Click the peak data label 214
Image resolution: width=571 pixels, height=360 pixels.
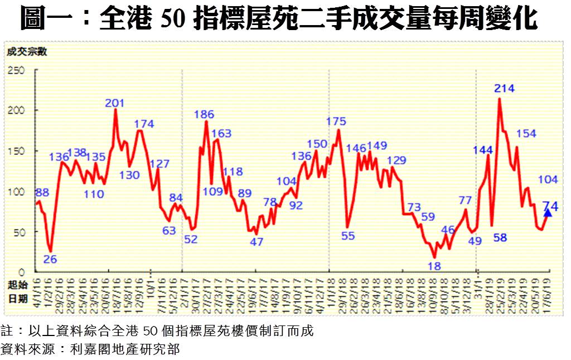pyautogui.click(x=504, y=88)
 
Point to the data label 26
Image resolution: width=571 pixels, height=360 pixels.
pyautogui.click(x=50, y=259)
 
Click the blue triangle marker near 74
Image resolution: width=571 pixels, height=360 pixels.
pyautogui.click(x=548, y=212)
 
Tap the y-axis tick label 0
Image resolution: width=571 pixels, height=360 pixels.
pyautogui.click(x=23, y=272)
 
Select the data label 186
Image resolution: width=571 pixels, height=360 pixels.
pyautogui.click(x=204, y=115)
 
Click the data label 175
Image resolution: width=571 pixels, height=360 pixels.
pyautogui.click(x=336, y=121)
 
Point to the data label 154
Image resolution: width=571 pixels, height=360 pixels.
pyautogui.click(x=526, y=134)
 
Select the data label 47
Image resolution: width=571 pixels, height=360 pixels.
pyautogui.click(x=257, y=242)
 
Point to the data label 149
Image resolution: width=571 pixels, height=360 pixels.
pyautogui.click(x=376, y=147)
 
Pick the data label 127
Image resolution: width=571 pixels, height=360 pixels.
pyautogui.click(x=159, y=164)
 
